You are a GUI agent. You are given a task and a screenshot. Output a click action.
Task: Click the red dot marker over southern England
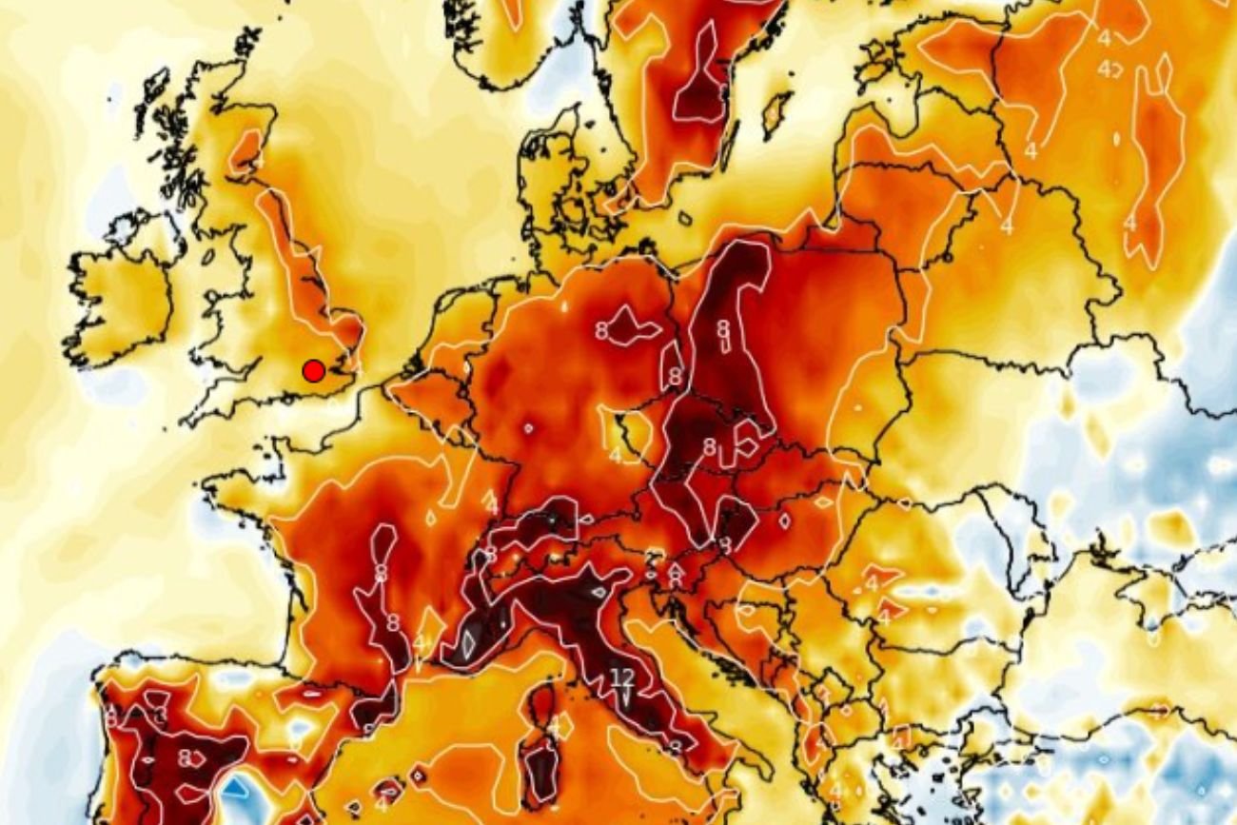click(313, 371)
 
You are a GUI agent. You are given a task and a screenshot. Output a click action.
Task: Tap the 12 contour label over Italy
click(622, 678)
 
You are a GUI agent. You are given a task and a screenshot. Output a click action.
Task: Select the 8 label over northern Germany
click(601, 331)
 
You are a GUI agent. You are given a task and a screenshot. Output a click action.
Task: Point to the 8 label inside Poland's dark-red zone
click(723, 328)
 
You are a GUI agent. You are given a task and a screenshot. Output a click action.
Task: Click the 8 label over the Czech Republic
click(709, 445)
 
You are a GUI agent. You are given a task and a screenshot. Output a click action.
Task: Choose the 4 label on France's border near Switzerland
click(492, 502)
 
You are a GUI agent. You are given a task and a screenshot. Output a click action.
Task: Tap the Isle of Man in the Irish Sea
click(207, 256)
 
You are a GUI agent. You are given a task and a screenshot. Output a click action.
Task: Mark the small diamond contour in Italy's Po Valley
click(598, 591)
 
